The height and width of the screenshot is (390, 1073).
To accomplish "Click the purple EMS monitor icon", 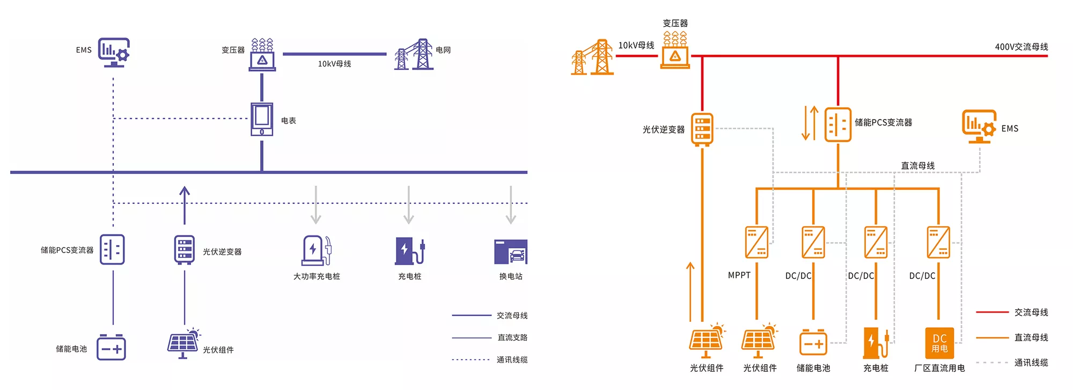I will click(x=114, y=52).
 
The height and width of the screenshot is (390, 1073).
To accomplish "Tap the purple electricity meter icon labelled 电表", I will click(x=262, y=119).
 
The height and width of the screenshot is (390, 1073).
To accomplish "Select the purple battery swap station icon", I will click(x=510, y=252).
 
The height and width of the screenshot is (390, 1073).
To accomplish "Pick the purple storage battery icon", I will click(x=111, y=348).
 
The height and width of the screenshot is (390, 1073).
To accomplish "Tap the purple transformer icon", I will click(x=262, y=54).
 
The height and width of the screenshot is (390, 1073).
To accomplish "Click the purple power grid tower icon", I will click(x=414, y=55).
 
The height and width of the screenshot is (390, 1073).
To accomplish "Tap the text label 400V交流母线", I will click(x=1021, y=47).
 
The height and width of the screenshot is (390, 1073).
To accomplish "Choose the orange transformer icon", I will click(x=675, y=50).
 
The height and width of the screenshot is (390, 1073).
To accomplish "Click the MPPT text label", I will click(x=739, y=275).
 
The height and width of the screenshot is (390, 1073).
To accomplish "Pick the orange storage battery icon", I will click(x=813, y=343).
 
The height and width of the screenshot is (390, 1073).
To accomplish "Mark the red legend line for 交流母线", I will click(x=992, y=312).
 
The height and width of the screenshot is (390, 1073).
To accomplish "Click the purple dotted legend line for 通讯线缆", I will click(x=471, y=359).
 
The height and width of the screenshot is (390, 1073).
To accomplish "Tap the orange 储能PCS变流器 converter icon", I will click(x=837, y=125).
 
